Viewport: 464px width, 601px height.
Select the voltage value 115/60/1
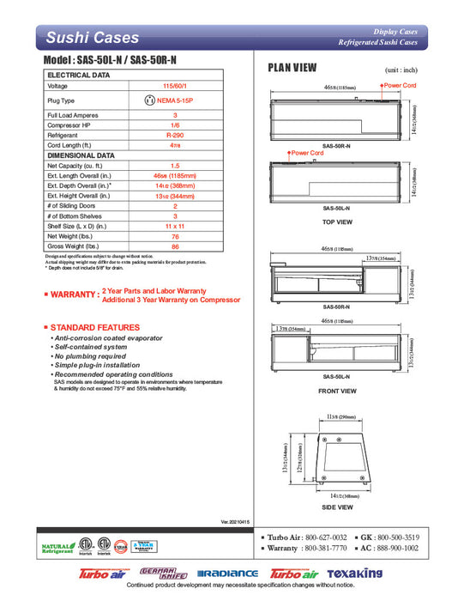175,86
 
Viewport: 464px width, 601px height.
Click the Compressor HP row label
71,124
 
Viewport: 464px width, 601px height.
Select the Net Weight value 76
175,235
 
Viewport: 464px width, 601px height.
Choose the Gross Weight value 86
175,246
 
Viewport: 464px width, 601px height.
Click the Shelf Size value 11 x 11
175,224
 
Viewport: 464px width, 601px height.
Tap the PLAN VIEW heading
292,68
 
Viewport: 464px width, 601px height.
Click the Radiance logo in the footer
227,574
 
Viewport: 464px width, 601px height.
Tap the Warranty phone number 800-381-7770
323,547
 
